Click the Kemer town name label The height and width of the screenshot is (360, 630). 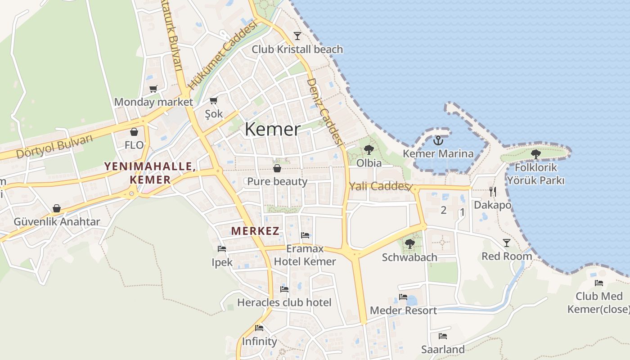point(272,130)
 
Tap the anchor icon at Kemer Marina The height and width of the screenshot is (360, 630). point(438,141)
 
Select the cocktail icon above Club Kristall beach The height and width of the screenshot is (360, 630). point(297,36)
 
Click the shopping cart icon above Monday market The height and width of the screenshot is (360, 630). point(153,89)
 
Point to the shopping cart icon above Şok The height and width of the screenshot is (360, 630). point(214,101)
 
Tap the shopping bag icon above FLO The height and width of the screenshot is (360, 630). point(134,132)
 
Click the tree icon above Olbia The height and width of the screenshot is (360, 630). point(369,150)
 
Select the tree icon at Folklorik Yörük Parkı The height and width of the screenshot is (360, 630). point(535,154)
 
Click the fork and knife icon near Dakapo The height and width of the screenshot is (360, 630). point(493,192)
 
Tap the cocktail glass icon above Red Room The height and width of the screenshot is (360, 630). point(507,243)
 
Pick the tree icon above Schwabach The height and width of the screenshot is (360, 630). point(409,244)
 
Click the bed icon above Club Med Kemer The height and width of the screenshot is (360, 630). point(599,283)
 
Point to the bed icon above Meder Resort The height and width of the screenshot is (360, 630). point(403,297)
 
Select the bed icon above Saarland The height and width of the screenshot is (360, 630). point(443,336)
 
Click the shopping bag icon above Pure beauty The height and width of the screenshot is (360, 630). point(277,168)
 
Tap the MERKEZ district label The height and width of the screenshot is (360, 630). point(255,231)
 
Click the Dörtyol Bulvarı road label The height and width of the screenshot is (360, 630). point(54,147)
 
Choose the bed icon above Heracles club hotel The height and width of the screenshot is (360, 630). point(284,289)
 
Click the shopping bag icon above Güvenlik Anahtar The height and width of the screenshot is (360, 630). point(57,208)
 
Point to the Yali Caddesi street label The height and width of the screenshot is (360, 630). point(380,186)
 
